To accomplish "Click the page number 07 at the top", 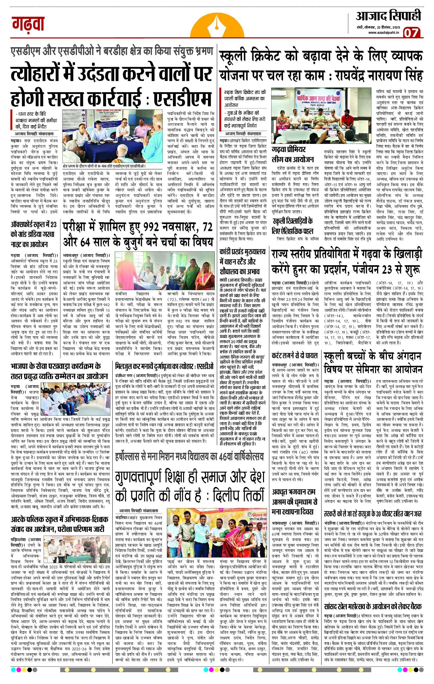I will pyautogui.click(x=411, y=32).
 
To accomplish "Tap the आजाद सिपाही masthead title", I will pyautogui.click(x=388, y=15).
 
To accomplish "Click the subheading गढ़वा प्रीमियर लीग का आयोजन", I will pyautogui.click(x=293, y=154).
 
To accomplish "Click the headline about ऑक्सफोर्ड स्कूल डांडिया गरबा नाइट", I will pyautogui.click(x=34, y=234).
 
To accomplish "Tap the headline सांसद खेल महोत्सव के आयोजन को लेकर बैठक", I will pyautogui.click(x=373, y=606).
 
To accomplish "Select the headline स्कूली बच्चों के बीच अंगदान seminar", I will pyautogui.click(x=373, y=362).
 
